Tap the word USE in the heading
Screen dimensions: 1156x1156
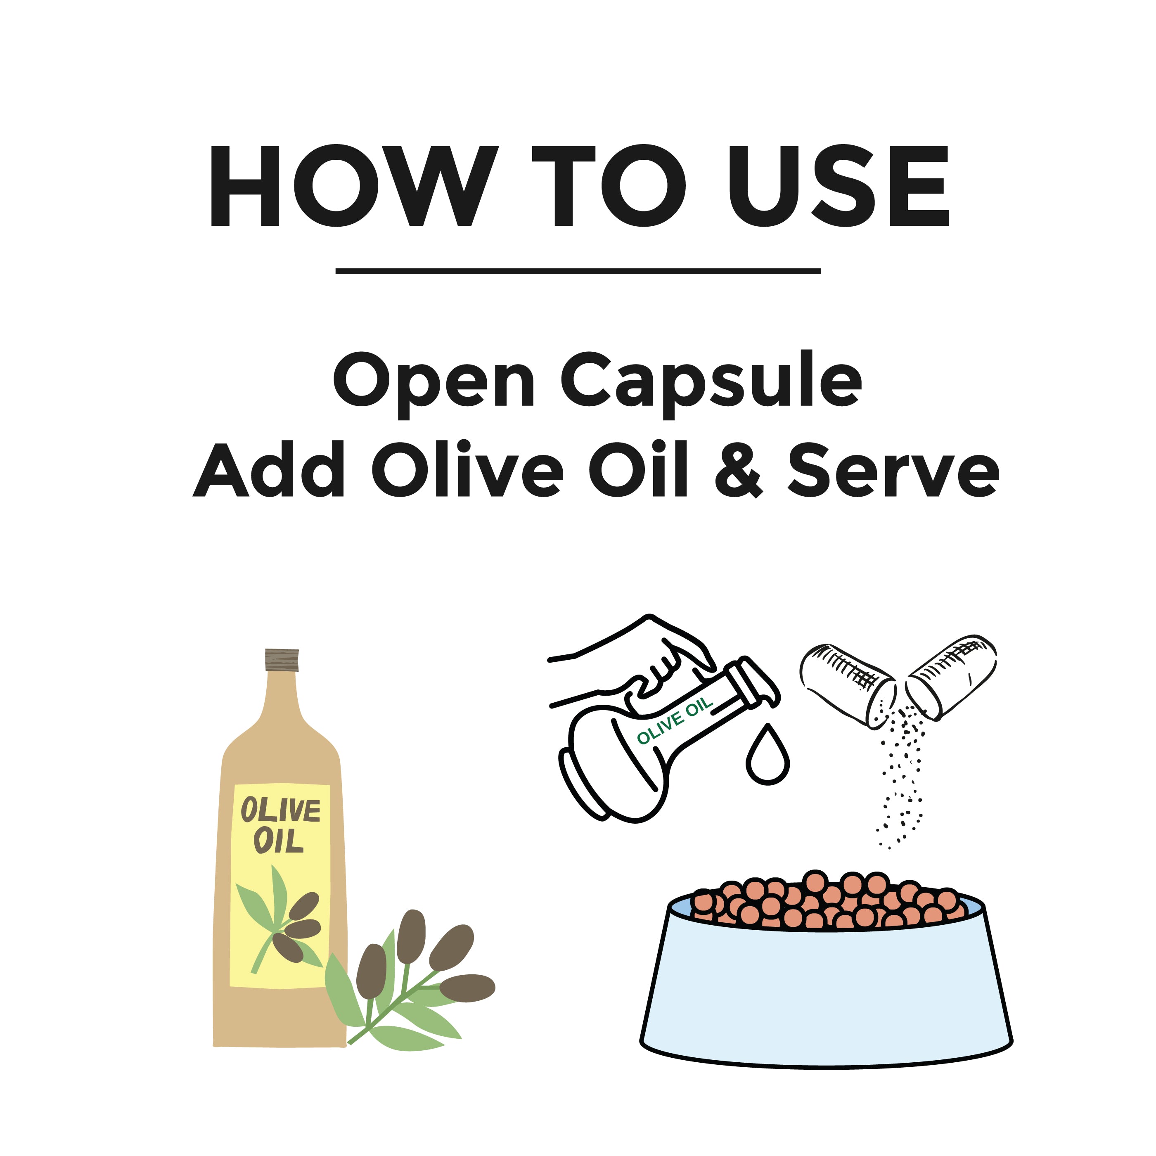click(838, 186)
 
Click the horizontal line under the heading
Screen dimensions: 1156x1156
click(578, 271)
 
